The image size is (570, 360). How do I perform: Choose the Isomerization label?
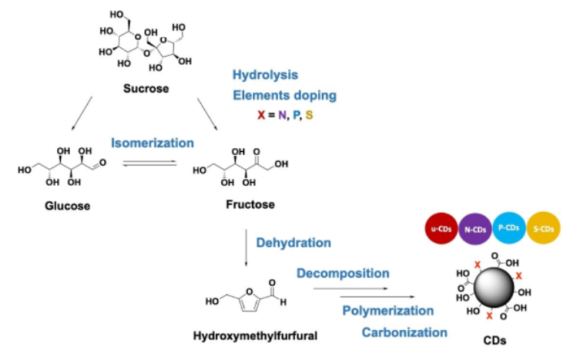(x=153, y=143)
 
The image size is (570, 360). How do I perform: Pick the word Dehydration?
(x=294, y=242)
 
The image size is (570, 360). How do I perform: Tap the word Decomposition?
(x=342, y=274)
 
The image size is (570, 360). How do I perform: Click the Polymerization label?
(x=388, y=310)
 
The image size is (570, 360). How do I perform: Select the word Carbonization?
(x=405, y=332)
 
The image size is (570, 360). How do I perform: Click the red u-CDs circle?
(x=442, y=229)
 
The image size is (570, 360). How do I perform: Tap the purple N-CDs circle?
(x=476, y=229)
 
